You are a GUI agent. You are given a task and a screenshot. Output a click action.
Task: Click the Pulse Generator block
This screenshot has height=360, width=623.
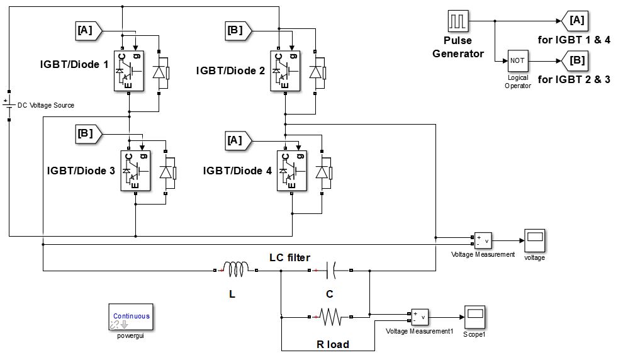[457, 21]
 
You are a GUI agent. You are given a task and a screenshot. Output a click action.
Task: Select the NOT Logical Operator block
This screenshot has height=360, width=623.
[517, 61]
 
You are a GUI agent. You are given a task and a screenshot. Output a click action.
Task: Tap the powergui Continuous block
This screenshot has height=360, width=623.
[132, 318]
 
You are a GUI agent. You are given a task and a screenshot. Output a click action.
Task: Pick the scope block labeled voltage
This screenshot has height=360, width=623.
[535, 240]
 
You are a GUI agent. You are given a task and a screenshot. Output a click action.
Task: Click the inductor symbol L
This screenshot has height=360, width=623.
[235, 271]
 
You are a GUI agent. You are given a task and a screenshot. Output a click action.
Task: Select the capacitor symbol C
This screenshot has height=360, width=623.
[330, 271]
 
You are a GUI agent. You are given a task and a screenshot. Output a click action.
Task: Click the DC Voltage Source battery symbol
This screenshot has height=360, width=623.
[9, 104]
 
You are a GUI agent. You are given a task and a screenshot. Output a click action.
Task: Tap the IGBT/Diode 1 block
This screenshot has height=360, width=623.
[128, 69]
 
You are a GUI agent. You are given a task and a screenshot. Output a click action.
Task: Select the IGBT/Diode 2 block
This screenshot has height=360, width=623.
[285, 70]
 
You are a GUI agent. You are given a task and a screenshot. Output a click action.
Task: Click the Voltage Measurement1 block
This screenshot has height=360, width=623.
[420, 317]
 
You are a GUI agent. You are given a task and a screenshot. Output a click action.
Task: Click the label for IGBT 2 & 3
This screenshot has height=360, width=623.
[574, 79]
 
